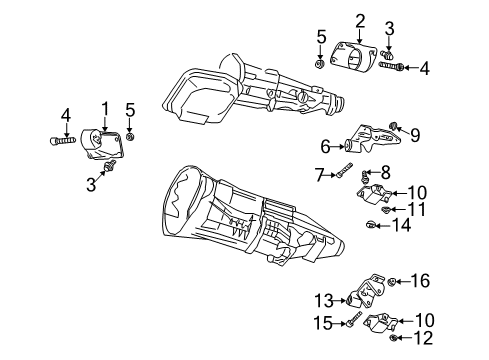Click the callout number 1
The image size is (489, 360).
103,108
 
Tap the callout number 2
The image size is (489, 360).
360,19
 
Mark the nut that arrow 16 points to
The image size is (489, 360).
395,282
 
